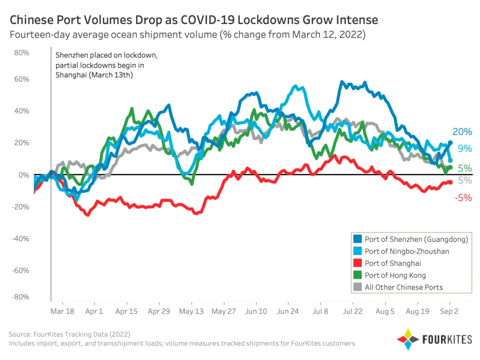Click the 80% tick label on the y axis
(x=22, y=52)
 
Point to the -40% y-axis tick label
(x=21, y=239)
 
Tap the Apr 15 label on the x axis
(x=127, y=311)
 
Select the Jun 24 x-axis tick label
(x=288, y=311)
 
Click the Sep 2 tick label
(x=449, y=311)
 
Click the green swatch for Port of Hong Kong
(x=358, y=275)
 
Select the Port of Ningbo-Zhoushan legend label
(x=407, y=251)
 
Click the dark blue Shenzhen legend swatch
(x=358, y=239)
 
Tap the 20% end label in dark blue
(x=462, y=132)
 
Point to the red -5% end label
(x=463, y=198)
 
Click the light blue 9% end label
(x=465, y=149)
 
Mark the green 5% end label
(x=465, y=168)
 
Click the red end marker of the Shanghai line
(x=450, y=182)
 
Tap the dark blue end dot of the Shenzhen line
(x=450, y=142)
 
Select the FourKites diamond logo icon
(x=408, y=339)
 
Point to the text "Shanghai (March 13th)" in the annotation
(x=94, y=75)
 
